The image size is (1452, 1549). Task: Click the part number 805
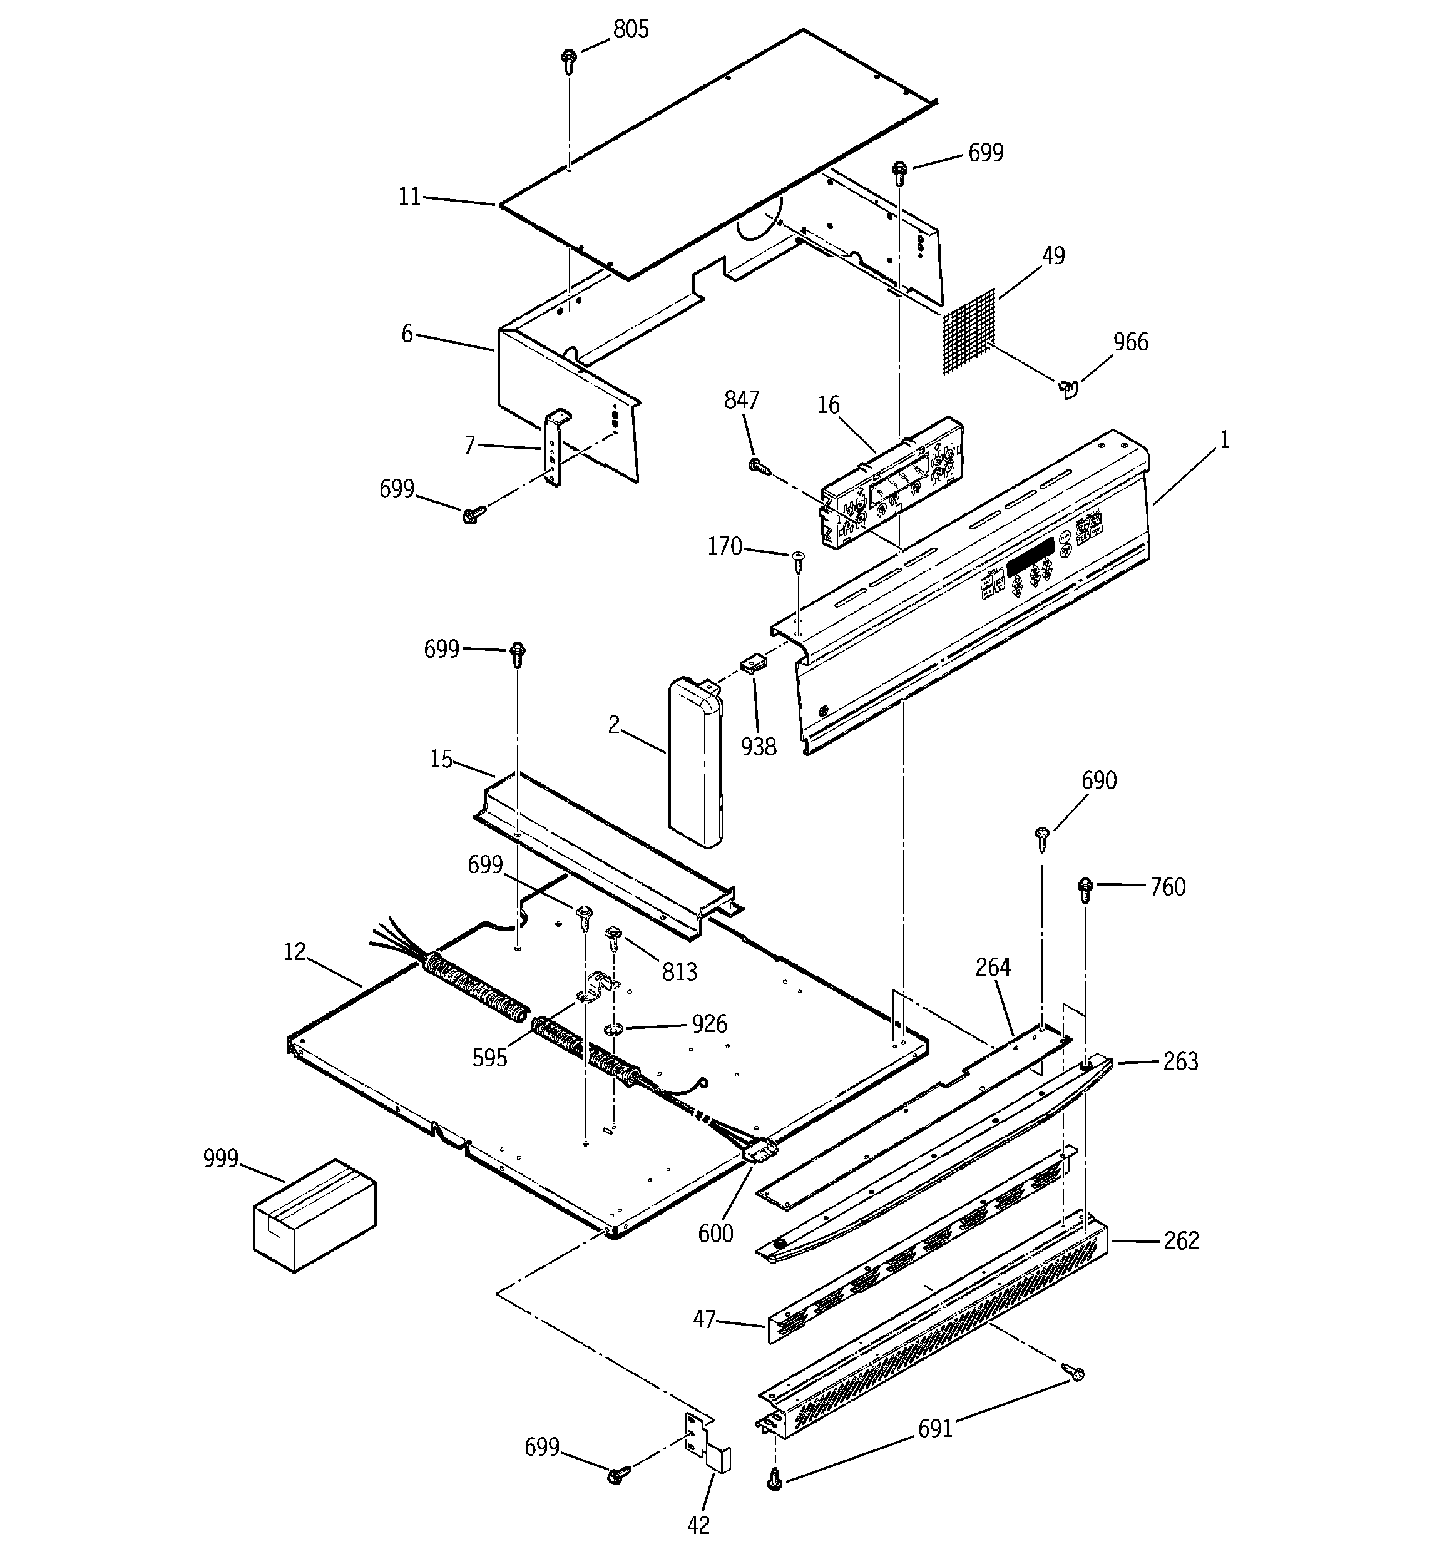(x=630, y=29)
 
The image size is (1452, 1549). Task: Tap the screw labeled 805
(x=569, y=60)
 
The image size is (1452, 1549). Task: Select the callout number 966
(x=1130, y=342)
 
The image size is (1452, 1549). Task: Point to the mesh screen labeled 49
(x=969, y=332)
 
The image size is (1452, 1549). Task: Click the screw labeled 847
(x=757, y=466)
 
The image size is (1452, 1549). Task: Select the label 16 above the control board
(x=829, y=405)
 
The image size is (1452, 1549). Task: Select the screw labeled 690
(x=1042, y=837)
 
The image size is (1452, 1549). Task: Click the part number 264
(x=993, y=967)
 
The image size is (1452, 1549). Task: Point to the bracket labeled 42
(x=705, y=1444)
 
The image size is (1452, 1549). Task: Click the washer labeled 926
(x=614, y=1031)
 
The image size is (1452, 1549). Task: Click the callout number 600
(x=715, y=1234)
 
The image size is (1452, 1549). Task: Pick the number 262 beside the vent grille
(x=1181, y=1240)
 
